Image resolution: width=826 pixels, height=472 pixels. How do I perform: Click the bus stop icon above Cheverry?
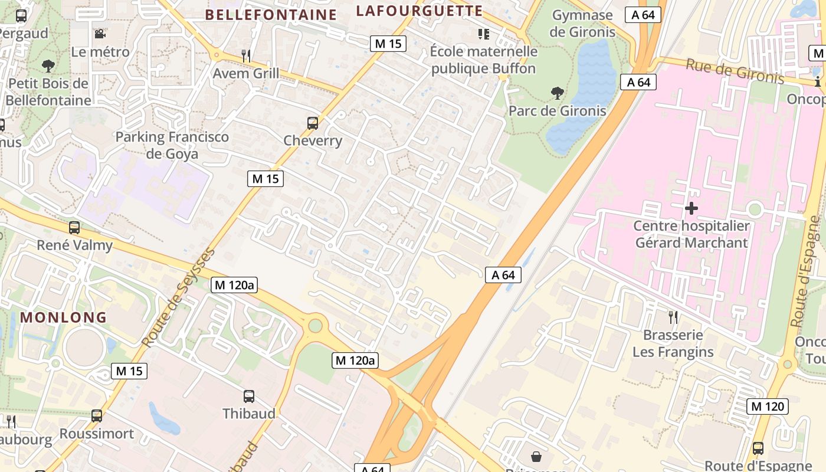pos(313,123)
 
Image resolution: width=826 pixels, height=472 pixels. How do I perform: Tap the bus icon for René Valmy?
pos(74,227)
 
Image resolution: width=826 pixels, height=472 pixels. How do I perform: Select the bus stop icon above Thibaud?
pos(249,396)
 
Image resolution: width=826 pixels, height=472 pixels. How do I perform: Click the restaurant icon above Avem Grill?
pos(246,55)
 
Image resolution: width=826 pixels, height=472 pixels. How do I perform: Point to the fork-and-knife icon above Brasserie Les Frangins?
pos(673,317)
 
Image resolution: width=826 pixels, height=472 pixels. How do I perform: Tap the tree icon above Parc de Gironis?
pos(557,93)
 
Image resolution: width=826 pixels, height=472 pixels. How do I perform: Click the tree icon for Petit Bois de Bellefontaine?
pos(48,65)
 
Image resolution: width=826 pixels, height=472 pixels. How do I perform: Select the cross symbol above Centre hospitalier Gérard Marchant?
pos(691,208)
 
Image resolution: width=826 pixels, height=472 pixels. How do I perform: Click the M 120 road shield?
pos(767,406)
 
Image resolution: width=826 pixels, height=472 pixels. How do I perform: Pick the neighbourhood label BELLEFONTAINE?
pos(271,15)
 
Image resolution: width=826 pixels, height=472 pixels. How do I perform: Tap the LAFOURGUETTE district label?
pos(419,11)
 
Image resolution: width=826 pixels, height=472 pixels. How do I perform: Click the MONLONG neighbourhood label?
pos(64,317)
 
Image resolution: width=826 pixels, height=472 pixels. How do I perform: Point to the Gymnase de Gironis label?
pos(582,24)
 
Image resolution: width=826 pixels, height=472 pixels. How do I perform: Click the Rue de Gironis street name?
pos(735,71)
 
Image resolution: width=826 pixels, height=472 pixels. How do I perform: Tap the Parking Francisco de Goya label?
pos(172,145)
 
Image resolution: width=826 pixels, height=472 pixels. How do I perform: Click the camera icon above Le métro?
pos(100,34)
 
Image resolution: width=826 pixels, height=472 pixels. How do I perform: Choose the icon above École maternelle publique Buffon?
pos(484,34)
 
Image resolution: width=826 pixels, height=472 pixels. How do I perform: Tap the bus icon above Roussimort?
pos(97,415)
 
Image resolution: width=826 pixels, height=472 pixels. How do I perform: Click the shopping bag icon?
pos(537,456)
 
